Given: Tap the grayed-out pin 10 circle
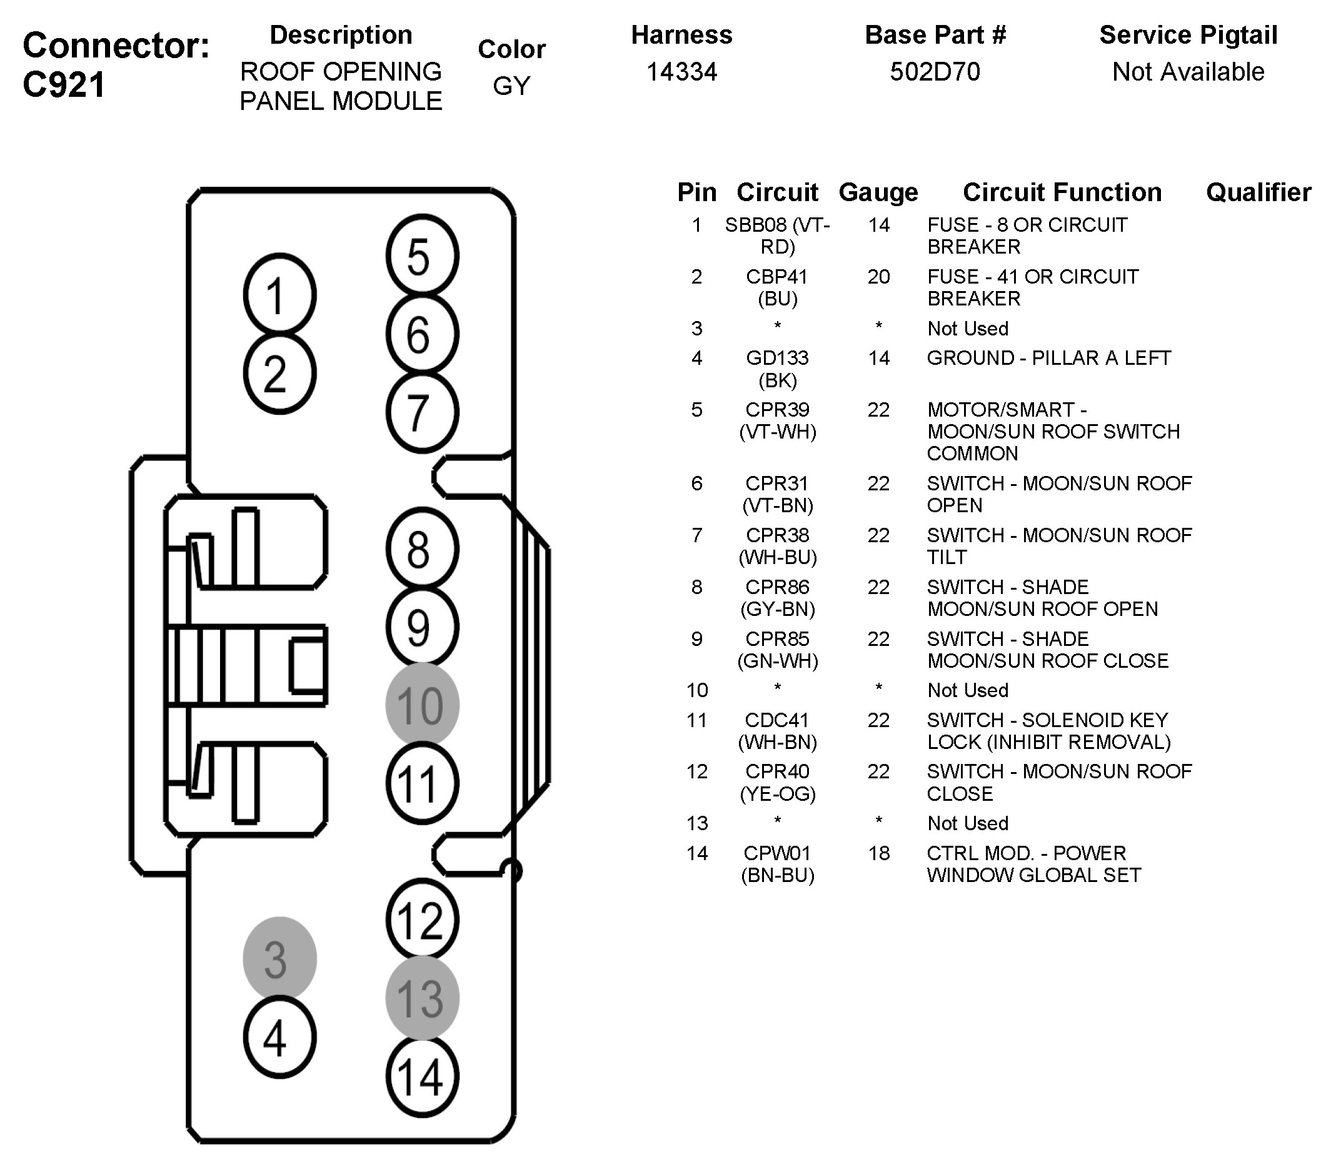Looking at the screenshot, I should [x=422, y=705].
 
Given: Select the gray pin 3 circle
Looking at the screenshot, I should [x=279, y=959].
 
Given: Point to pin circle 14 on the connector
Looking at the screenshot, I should [x=422, y=1076].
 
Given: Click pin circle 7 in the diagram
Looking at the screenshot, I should [x=422, y=412].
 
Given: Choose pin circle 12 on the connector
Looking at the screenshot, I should [x=422, y=920].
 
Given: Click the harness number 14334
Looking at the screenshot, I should [x=681, y=71].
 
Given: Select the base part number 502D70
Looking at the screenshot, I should [x=935, y=71].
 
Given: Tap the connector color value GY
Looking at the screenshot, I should [x=511, y=86].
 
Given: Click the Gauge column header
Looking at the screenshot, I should [x=878, y=192].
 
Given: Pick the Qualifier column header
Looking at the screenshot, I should [x=1258, y=192].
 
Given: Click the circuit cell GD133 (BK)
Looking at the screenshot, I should [x=777, y=369].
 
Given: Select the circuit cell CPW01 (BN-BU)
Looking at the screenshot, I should [x=777, y=864].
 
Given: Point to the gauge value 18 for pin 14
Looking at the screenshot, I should [x=879, y=853].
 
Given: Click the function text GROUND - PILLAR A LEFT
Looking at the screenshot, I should [x=1048, y=357].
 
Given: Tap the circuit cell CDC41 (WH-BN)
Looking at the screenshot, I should [x=777, y=731].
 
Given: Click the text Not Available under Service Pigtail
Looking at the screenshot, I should [x=1188, y=71].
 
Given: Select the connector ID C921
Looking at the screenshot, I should [x=64, y=85].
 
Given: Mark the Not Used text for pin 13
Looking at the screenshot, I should [x=967, y=823].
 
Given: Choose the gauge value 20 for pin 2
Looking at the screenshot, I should [x=878, y=277].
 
